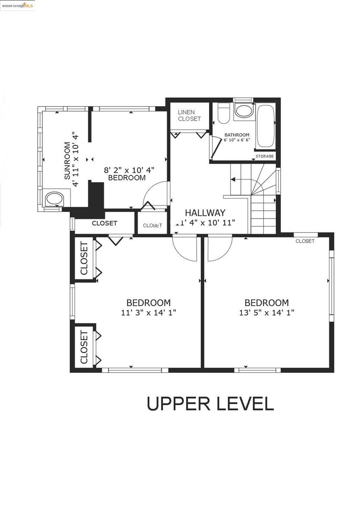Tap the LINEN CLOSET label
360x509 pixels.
[189, 115]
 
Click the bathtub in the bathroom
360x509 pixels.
[265, 126]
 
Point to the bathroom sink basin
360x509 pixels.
[244, 111]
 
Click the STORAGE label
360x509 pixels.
[264, 156]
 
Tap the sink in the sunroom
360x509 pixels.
[54, 199]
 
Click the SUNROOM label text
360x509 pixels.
[67, 161]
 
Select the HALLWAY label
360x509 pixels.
[205, 213]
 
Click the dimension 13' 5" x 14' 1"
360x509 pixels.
[266, 313]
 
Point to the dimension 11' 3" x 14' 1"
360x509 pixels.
[148, 313]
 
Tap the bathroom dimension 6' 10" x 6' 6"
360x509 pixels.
[237, 140]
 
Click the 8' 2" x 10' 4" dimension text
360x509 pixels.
[129, 170]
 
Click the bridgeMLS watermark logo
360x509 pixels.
[18, 6]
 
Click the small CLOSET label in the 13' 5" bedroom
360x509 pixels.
[305, 241]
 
